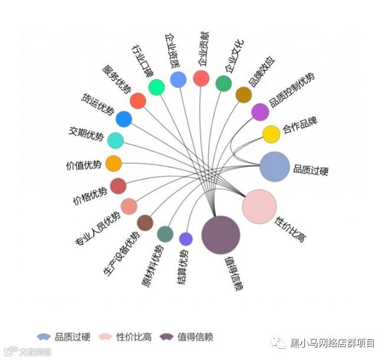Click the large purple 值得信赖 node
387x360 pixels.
[221, 235]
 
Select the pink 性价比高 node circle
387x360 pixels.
[259, 206]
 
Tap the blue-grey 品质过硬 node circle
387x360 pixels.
[274, 166]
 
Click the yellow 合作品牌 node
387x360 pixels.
[271, 134]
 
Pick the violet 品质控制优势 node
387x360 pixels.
[260, 111]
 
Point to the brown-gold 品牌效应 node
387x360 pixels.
[244, 94]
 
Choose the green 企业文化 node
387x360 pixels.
[224, 84]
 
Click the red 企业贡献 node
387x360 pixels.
[201, 78]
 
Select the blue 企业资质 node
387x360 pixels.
[178, 80]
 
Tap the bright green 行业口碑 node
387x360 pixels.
[156, 87]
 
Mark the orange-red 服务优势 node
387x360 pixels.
[138, 101]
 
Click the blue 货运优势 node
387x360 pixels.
[124, 119]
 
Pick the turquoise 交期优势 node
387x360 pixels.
[116, 140]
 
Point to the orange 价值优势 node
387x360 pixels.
[113, 163]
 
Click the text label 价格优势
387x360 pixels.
[90, 197]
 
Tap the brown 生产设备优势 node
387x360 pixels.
[145, 223]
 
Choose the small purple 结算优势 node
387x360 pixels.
[186, 239]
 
